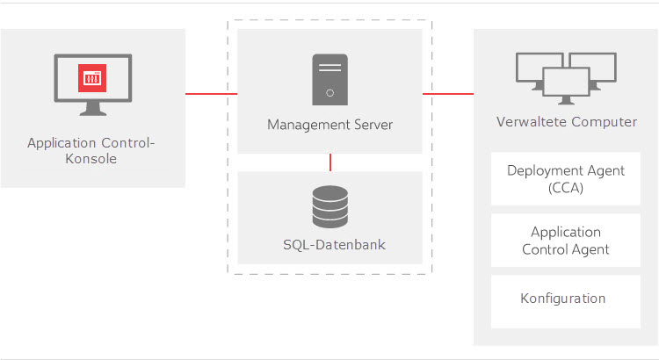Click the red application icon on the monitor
coord(92,78)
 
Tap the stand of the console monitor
coord(93,109)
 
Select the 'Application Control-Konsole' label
coord(91,151)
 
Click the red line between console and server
coord(212,94)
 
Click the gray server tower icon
coord(329,80)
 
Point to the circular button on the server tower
coord(329,93)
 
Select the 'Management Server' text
coord(329,125)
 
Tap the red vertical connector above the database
coord(330,162)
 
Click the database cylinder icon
coord(330,206)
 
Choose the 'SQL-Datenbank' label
coord(334,244)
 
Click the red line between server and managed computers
coord(448,94)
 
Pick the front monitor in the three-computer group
coord(566,86)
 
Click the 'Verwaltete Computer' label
coord(567,122)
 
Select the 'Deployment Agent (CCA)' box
coord(566,179)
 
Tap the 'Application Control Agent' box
coord(566,241)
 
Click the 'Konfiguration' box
coord(566,302)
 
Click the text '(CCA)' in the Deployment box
coord(566,188)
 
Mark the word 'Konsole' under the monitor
coord(91,159)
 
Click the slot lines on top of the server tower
coord(329,68)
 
